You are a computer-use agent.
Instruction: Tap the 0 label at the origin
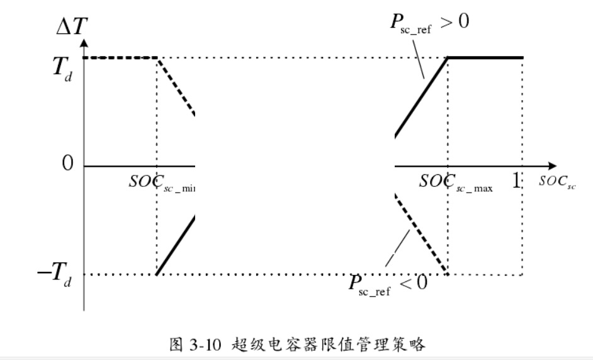pos(67,164)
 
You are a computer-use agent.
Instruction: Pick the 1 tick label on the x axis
pos(517,181)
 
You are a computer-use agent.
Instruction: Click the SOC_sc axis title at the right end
pos(557,183)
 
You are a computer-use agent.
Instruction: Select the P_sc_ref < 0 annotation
pos(388,282)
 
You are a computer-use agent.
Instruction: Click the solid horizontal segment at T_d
pos(485,58)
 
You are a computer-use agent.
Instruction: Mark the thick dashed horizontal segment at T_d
pos(120,58)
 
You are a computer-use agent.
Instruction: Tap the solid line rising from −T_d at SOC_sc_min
pos(176,246)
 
